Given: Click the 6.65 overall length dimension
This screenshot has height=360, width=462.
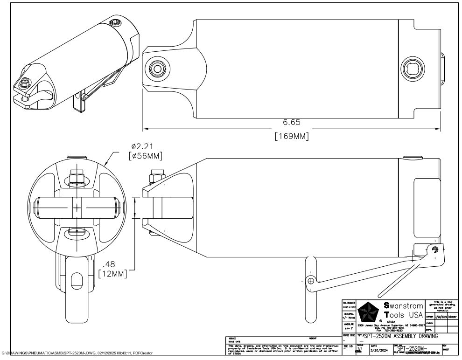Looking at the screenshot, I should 292,123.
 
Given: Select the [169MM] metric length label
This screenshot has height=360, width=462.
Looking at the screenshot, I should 292,137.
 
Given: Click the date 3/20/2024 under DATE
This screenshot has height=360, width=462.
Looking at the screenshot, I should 379,350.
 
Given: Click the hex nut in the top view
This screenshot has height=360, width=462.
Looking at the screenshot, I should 157,69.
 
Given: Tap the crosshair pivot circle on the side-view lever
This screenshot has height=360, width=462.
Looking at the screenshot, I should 310,281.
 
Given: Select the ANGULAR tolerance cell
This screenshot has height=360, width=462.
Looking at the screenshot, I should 349,326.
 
